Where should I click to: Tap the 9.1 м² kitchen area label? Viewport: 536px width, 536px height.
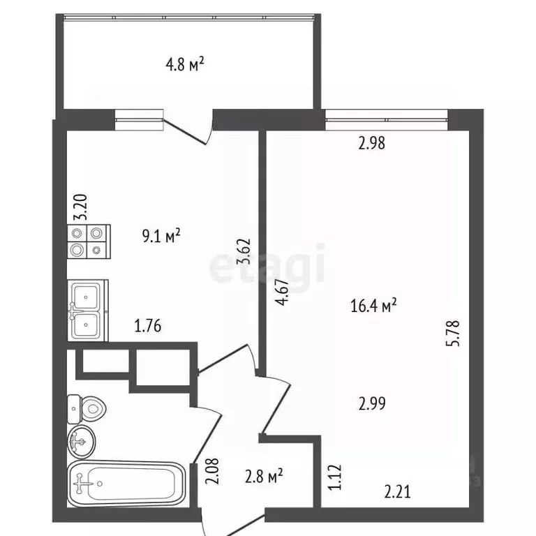[x=161, y=235]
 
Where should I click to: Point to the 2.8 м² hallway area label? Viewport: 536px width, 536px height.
[x=262, y=477]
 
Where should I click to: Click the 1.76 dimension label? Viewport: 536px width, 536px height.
[x=149, y=326]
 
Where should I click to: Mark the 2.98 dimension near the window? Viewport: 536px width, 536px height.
[x=372, y=144]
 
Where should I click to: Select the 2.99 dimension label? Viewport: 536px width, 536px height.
[x=372, y=403]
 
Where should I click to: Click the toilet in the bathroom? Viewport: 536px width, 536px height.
[x=87, y=409]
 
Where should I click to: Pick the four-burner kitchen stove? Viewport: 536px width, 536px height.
[x=87, y=241]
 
